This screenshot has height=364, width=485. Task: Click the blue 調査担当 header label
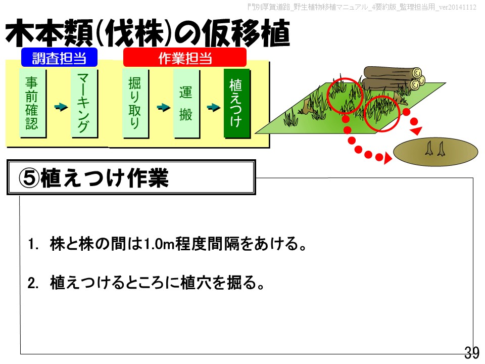tap(60, 57)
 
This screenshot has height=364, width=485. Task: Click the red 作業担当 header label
tap(185, 57)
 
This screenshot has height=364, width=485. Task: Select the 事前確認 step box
tap(32, 103)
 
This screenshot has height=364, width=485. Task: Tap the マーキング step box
tap(84, 103)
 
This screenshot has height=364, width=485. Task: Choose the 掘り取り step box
tap(135, 103)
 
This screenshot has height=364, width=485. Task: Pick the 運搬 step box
tap(186, 103)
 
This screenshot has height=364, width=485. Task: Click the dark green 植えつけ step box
tap(236, 103)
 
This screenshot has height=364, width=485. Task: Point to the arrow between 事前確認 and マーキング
tap(61, 107)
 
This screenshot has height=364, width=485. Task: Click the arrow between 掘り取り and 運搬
tap(164, 107)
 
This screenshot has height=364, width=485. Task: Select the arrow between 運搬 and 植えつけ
tap(214, 107)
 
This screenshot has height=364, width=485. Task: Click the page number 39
tap(472, 352)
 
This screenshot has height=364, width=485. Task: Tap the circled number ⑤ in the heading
tap(29, 178)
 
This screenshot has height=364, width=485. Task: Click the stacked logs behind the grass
tap(394, 78)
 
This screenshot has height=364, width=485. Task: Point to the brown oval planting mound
tap(435, 152)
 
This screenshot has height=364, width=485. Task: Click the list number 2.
tap(33, 283)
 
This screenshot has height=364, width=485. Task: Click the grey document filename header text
tap(362, 7)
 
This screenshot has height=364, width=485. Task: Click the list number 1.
tap(33, 244)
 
